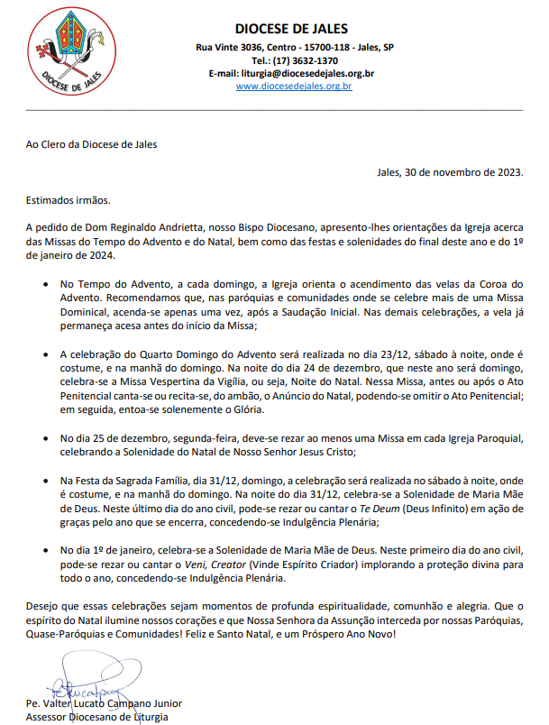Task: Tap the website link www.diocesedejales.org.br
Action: tap(293, 87)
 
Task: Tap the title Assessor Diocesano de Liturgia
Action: tap(97, 718)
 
